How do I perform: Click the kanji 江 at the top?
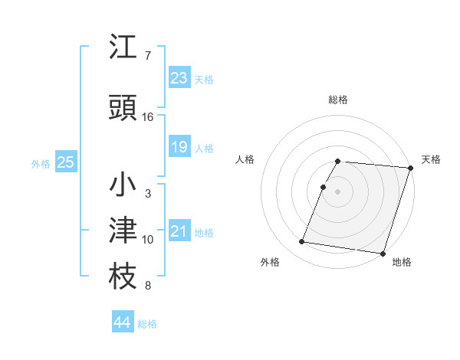[x=123, y=47]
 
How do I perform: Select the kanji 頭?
[x=123, y=108]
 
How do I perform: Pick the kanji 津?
[x=123, y=231]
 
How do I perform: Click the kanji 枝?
[x=123, y=278]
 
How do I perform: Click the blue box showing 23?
[x=179, y=77]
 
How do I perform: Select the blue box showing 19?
[x=179, y=146]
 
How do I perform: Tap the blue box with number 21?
[x=179, y=231]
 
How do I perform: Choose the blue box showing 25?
[x=65, y=162]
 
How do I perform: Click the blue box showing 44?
[x=122, y=322]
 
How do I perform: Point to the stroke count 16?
[x=148, y=117]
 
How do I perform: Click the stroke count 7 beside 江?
[x=147, y=56]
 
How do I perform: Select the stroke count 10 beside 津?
[x=148, y=240]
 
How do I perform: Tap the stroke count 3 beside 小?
[x=147, y=194]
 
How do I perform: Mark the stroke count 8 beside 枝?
[x=147, y=286]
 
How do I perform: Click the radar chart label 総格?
[x=338, y=100]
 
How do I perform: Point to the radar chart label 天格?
[x=431, y=159]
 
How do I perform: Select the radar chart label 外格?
[x=270, y=262]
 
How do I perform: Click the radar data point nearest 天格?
[x=411, y=168]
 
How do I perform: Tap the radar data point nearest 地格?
[x=383, y=253]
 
